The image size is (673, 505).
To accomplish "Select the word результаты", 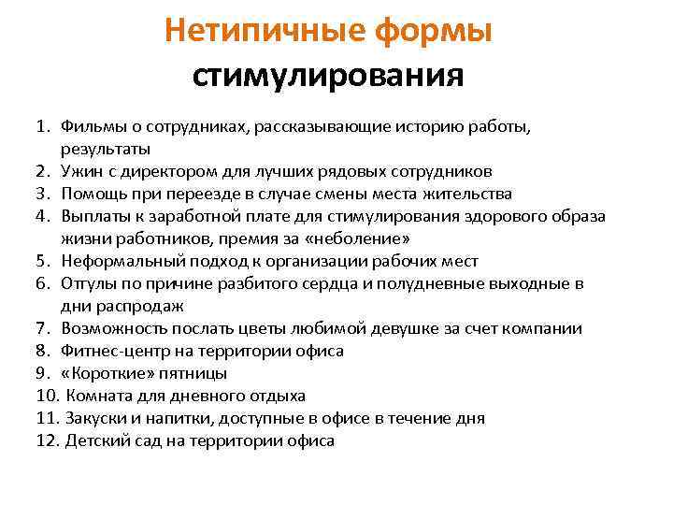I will coord(105,149).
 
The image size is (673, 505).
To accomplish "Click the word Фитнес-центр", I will coord(116,351).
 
